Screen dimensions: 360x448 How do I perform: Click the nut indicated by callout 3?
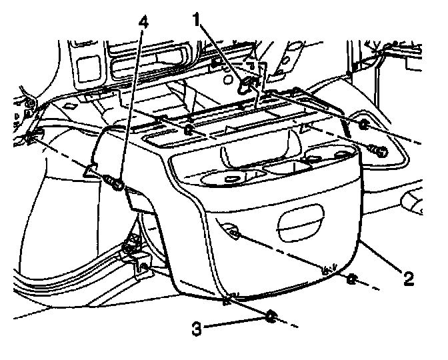pos(271,317)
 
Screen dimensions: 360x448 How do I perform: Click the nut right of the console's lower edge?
pos(351,280)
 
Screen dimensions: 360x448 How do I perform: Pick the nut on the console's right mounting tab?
pos(364,125)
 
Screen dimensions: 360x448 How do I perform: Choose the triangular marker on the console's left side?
pos(90,170)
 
